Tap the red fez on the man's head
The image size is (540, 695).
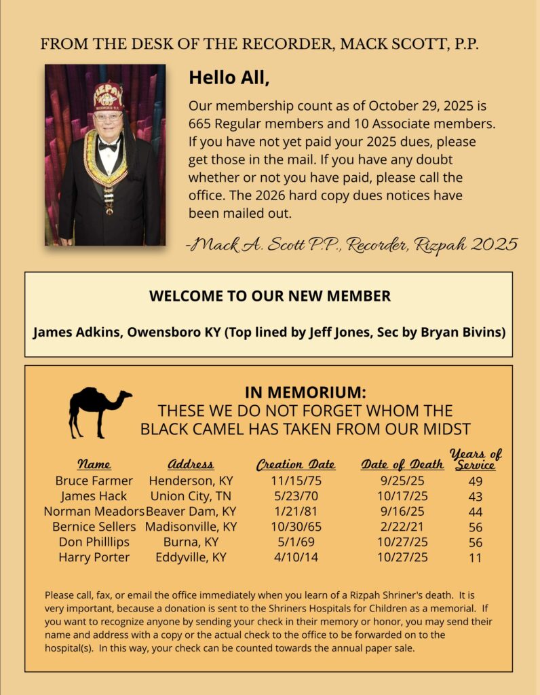[x=108, y=97]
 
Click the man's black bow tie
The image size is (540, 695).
[x=108, y=145]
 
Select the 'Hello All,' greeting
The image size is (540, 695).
[x=229, y=77]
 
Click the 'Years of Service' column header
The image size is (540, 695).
[x=476, y=459]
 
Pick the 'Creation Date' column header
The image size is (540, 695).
[x=295, y=465]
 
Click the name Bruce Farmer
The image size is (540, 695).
[x=94, y=481]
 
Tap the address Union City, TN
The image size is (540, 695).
[x=191, y=496]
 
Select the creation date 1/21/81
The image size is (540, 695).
[x=295, y=512]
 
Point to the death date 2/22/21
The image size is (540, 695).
[x=402, y=527]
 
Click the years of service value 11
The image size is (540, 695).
[x=475, y=558]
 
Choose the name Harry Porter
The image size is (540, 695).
[x=94, y=557]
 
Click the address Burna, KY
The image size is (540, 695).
[x=191, y=542]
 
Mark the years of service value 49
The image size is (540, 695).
[x=475, y=481]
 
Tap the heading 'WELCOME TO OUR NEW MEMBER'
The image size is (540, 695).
[x=269, y=296]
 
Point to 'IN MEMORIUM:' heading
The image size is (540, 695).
[x=305, y=393]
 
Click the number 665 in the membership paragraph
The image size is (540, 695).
[x=201, y=124]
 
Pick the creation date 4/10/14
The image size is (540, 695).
[x=295, y=557]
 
